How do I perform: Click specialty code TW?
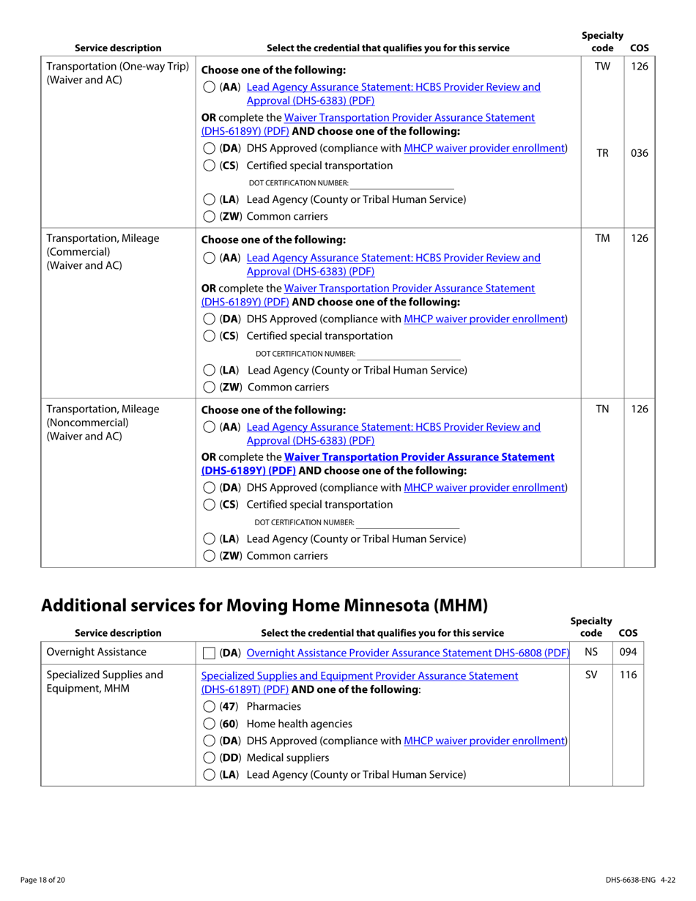(x=601, y=67)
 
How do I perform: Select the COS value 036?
(x=639, y=154)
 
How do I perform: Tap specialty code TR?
(x=601, y=154)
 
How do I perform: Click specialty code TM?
(x=601, y=238)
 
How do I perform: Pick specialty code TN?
(x=601, y=409)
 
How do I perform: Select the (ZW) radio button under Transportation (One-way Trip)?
(x=209, y=217)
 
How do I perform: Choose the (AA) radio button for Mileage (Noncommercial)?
(x=209, y=427)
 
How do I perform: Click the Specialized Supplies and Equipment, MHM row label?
(x=104, y=682)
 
